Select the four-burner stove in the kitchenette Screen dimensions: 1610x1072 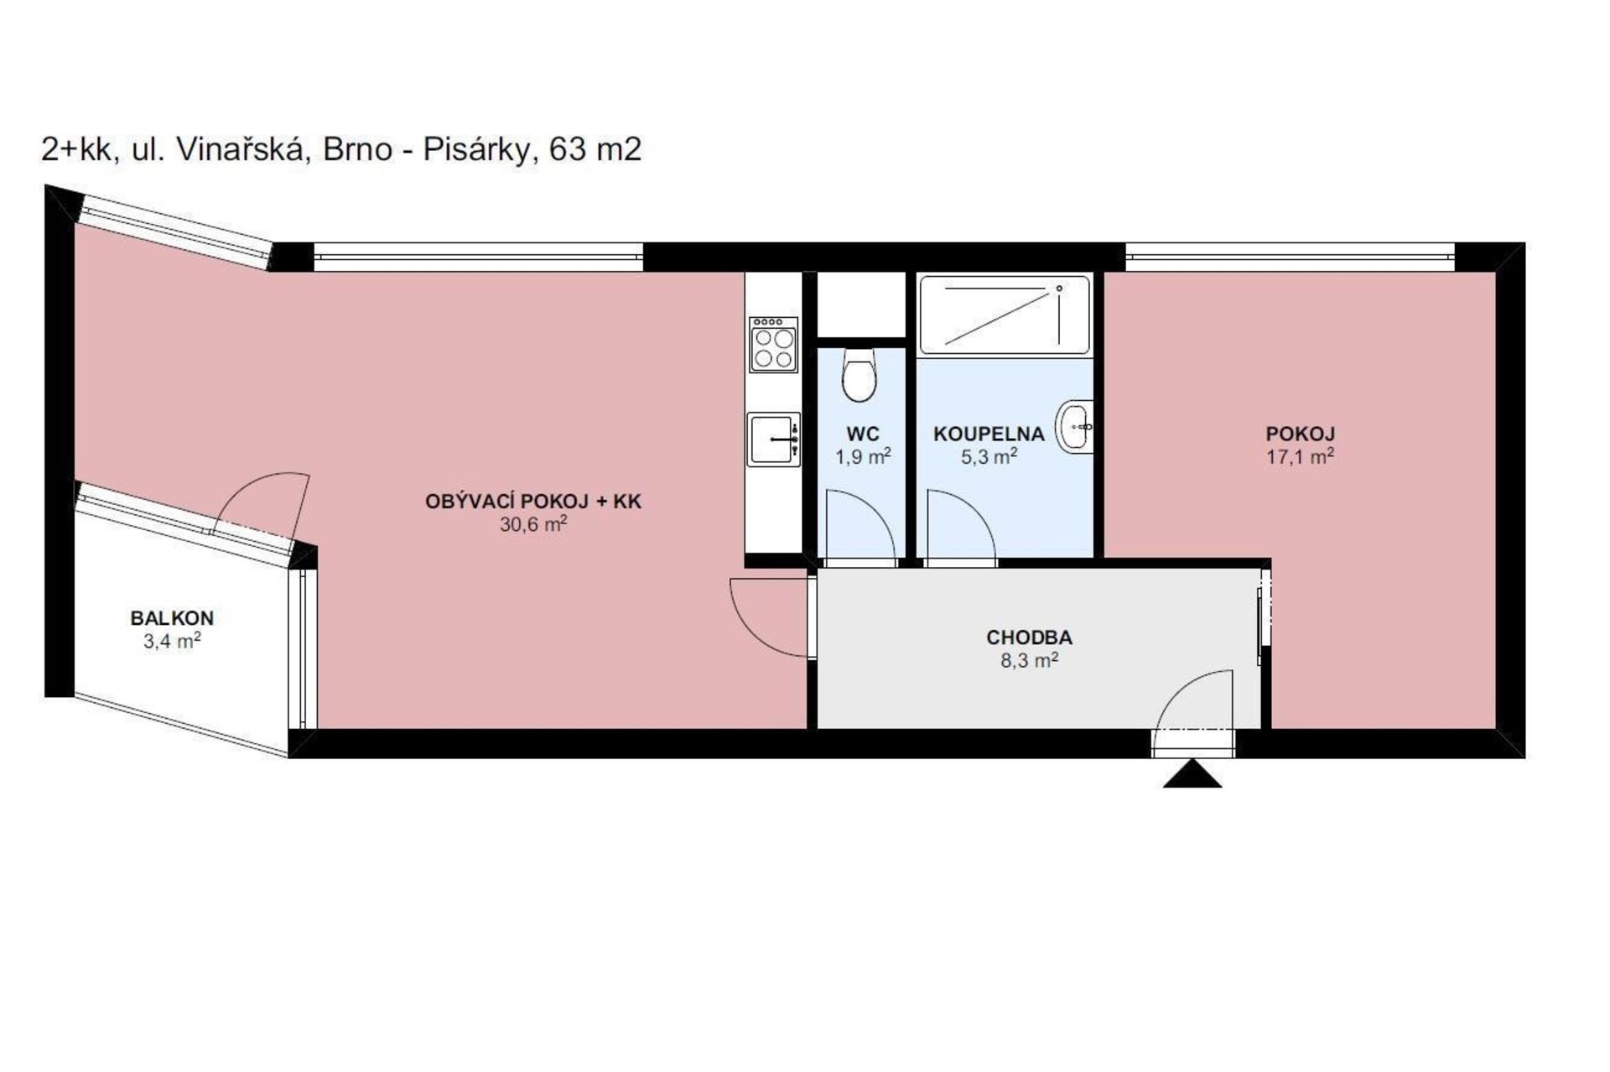(773, 344)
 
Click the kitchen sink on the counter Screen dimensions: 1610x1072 (773, 439)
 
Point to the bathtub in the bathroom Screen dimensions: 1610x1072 (1005, 315)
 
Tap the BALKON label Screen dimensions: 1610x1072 (172, 618)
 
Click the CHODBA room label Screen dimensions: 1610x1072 (1029, 637)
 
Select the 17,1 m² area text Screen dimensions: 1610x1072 (1300, 456)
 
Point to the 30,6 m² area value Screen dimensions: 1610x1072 (533, 524)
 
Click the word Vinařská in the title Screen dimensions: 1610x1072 (241, 149)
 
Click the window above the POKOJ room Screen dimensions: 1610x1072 (1290, 257)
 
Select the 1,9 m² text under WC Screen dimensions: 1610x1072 (863, 457)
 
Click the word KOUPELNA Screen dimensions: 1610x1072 (989, 435)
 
